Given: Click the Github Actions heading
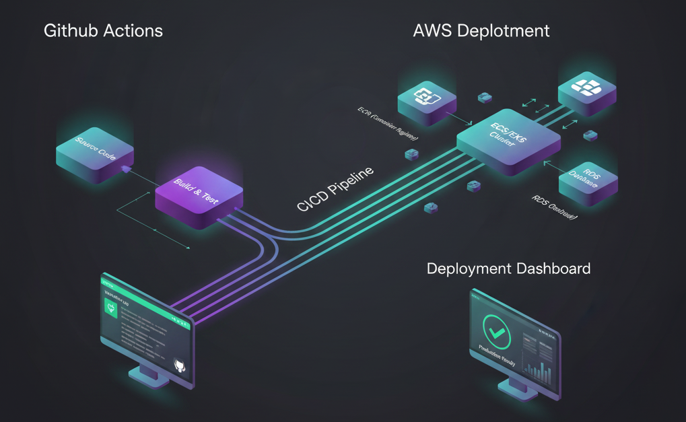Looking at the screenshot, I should [x=103, y=31].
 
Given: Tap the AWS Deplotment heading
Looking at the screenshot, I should [x=481, y=31].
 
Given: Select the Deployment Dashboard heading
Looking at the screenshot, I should [x=508, y=269].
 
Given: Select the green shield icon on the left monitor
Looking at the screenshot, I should [x=111, y=309].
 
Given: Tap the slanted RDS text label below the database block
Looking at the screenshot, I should [x=554, y=209].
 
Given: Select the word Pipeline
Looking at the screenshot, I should [x=352, y=182].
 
